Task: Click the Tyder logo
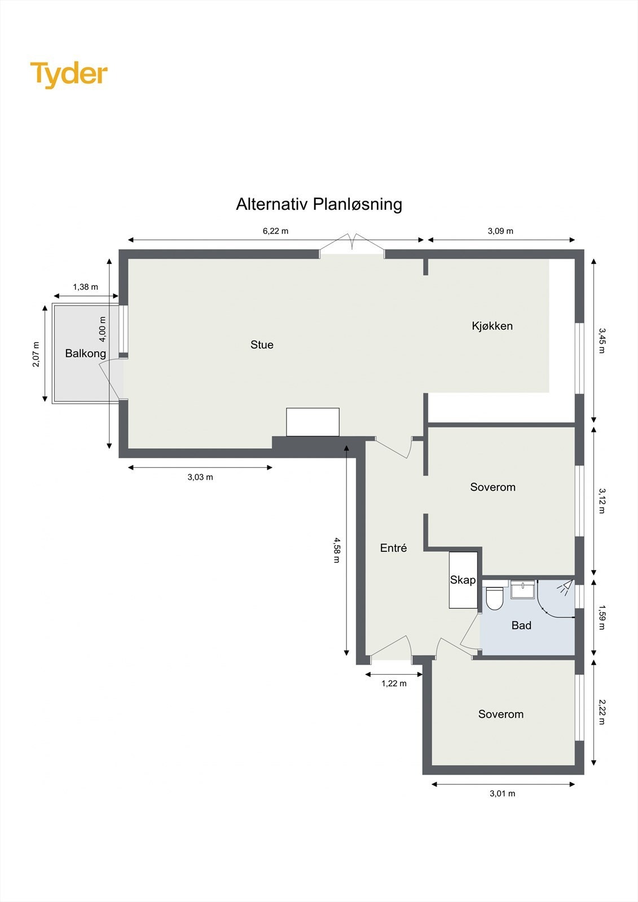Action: point(69,74)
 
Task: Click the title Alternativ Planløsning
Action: point(319,204)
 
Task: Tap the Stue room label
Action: point(262,345)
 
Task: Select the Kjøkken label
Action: point(492,326)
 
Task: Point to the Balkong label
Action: point(85,353)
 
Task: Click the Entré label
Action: point(393,548)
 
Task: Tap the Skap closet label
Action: point(463,580)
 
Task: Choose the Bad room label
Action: point(521,625)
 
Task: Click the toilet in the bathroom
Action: point(495,599)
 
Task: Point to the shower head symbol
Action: point(564,587)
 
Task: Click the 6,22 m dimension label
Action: point(275,231)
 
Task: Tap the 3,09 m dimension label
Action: point(500,231)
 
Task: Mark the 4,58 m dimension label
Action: point(337,550)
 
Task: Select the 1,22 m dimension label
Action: point(394,683)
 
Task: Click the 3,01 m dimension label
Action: point(502,793)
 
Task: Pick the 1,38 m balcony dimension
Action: point(85,287)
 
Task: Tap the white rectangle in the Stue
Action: point(313,422)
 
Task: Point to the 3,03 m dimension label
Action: point(200,477)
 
